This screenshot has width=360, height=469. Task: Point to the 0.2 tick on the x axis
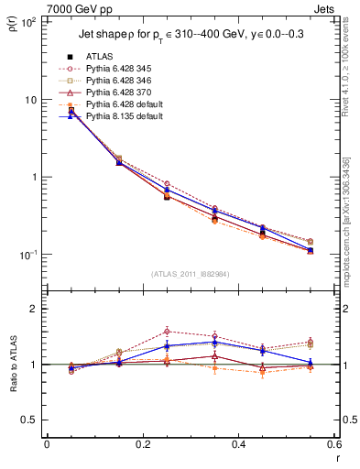click(142, 444)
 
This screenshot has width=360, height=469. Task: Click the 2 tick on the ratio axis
click(34, 309)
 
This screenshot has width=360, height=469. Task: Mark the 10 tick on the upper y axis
click(30, 99)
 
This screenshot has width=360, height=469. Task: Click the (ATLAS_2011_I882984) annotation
click(190, 274)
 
